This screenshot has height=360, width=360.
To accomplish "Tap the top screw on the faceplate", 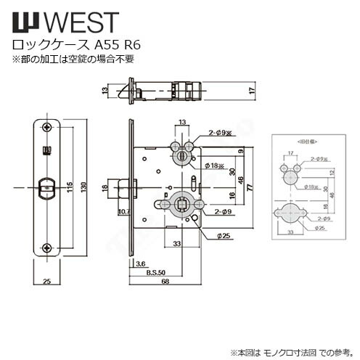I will pyautogui.click(x=47, y=127).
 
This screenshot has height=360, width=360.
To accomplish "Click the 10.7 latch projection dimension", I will pyautogui.click(x=123, y=212).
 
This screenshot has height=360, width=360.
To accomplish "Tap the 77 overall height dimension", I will pyautogui.click(x=248, y=187).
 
